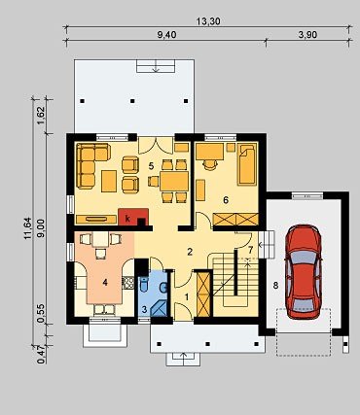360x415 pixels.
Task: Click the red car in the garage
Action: point(304,272)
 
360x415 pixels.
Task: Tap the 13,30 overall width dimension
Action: point(208,21)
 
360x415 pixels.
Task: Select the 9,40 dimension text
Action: point(166,34)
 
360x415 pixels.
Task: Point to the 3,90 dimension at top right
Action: point(307,34)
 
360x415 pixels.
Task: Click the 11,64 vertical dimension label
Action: point(27,228)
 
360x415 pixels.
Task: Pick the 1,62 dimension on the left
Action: point(41,116)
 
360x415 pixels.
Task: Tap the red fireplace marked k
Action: point(133,217)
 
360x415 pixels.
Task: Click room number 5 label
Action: point(151,166)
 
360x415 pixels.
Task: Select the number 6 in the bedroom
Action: point(226,200)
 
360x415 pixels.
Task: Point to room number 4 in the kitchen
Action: point(105,283)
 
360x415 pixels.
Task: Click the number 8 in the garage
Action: point(275,286)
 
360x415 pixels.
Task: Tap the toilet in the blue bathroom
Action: point(143,286)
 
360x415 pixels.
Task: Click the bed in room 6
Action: point(247,164)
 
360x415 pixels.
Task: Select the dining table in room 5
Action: point(174,181)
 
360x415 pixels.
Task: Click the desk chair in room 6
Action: point(210,165)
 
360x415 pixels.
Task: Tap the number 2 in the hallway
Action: point(190,252)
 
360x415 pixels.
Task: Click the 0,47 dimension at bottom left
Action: point(41,355)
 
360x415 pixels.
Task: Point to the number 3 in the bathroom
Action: point(145,309)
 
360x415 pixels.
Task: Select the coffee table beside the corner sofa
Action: point(109,181)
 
